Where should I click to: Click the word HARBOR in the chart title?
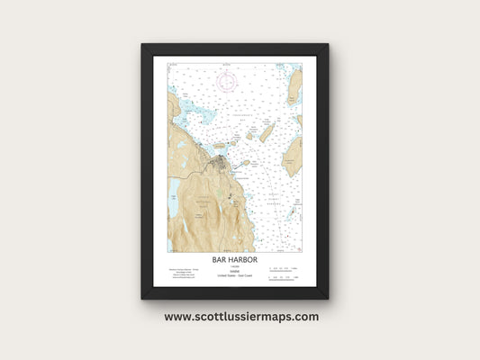pyautogui.click(x=243, y=259)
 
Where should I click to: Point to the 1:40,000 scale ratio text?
pyautogui.click(x=234, y=265)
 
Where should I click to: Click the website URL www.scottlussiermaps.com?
pyautogui.click(x=240, y=317)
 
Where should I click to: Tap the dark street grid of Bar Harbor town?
pyautogui.click(x=221, y=164)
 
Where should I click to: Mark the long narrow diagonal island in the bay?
pyautogui.click(x=266, y=133)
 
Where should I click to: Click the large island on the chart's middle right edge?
pyautogui.click(x=293, y=155)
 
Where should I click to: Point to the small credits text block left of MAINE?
pyautogui.click(x=185, y=273)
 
